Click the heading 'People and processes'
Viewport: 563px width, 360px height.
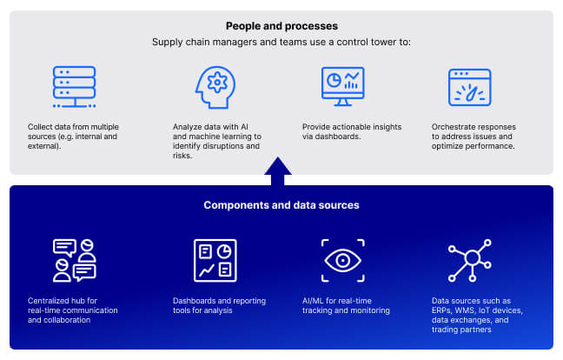(281, 26)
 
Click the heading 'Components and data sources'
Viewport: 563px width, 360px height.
(281, 205)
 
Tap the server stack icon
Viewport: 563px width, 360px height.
(73, 87)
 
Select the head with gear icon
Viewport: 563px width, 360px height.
(215, 87)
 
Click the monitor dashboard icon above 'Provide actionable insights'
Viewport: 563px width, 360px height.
(341, 87)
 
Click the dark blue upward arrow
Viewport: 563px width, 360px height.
(278, 171)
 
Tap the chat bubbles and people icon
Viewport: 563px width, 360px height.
(73, 260)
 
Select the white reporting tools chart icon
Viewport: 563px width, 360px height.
(214, 260)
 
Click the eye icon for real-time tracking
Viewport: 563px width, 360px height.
(341, 260)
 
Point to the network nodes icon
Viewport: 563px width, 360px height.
(469, 258)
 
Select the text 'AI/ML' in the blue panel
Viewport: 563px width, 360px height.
(315, 301)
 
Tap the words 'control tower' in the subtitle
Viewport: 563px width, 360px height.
(350, 42)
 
